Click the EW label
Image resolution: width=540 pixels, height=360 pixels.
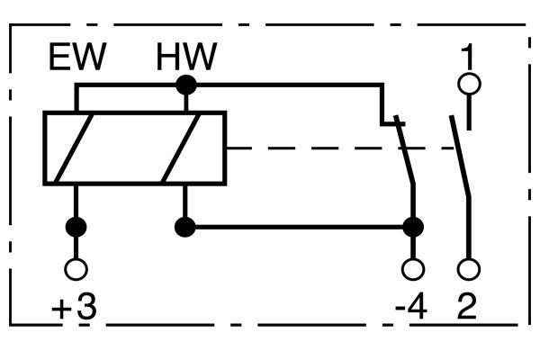tap(77, 57)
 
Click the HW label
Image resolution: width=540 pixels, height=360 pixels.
tap(186, 57)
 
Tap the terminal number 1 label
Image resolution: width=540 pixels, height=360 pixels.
tap(467, 57)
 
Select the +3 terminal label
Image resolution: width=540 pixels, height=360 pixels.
tap(74, 307)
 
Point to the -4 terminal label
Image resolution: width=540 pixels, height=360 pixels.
tap(411, 307)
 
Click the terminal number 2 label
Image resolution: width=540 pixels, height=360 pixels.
tap(467, 307)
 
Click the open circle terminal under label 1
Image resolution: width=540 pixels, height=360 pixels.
tap(469, 84)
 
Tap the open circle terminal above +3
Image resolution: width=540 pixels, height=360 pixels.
tap(76, 269)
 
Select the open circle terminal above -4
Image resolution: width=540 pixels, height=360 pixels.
tap(413, 269)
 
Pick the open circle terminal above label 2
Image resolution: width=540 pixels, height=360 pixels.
tap(469, 269)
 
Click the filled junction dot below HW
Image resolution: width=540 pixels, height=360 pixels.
tap(186, 85)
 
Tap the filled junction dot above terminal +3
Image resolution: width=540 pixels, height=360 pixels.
tap(76, 228)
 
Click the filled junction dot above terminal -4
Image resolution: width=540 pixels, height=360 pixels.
tap(413, 228)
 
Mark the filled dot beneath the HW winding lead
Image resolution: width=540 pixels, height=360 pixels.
tap(185, 228)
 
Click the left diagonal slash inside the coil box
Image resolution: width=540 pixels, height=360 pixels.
tap(75, 148)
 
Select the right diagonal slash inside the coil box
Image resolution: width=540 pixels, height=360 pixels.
tap(181, 148)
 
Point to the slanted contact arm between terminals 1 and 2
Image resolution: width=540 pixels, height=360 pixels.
tap(460, 157)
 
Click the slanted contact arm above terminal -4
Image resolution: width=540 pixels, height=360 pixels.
tap(405, 149)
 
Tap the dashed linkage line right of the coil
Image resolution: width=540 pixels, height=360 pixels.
tap(340, 148)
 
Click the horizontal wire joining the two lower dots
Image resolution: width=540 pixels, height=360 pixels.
tap(299, 228)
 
